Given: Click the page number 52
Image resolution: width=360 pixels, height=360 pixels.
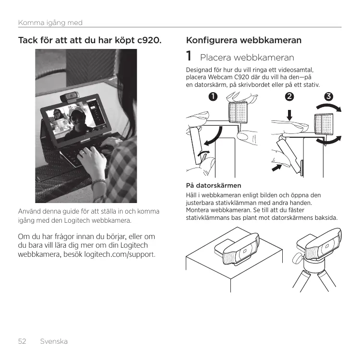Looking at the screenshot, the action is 22,341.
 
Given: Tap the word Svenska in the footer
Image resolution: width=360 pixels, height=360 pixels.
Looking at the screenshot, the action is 54,341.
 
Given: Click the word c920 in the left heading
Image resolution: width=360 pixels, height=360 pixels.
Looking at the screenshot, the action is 149,40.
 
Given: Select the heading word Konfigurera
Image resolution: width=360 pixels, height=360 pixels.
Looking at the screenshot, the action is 212,40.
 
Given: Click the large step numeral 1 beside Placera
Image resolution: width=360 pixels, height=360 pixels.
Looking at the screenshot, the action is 189,56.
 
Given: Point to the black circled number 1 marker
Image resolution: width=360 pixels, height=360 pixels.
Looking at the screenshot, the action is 213,96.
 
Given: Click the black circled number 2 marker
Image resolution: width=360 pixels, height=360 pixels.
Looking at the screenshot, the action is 289,96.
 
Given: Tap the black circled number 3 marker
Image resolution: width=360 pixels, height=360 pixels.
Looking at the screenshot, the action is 328,96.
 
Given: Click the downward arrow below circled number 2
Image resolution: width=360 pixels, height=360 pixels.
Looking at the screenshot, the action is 289,115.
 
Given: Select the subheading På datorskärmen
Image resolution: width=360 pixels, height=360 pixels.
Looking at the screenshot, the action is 214,185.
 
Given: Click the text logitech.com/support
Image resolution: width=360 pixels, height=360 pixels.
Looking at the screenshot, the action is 120,254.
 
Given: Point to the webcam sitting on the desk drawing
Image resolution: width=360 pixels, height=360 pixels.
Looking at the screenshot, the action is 239,249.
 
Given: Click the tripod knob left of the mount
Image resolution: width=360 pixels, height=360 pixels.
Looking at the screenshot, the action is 296,259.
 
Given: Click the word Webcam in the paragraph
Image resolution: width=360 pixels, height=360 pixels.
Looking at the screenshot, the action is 220,77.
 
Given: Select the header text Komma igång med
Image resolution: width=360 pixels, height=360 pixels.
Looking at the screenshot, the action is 50,23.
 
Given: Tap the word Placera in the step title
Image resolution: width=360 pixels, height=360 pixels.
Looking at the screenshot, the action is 216,58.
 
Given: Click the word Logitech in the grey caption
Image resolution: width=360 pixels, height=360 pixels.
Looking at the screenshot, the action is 77,221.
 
